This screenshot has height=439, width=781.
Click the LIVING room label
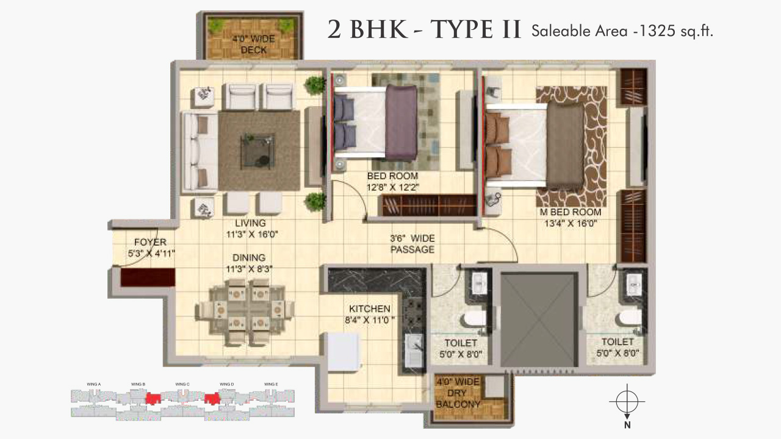[250, 223]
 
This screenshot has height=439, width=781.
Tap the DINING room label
[248, 258]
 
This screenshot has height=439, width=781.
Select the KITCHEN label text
[370, 309]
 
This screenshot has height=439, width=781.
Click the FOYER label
[150, 242]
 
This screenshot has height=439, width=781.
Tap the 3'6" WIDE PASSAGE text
[412, 244]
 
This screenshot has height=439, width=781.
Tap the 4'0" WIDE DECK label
[253, 45]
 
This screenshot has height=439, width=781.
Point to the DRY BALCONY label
[458, 398]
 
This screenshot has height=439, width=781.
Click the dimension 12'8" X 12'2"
[393, 187]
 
